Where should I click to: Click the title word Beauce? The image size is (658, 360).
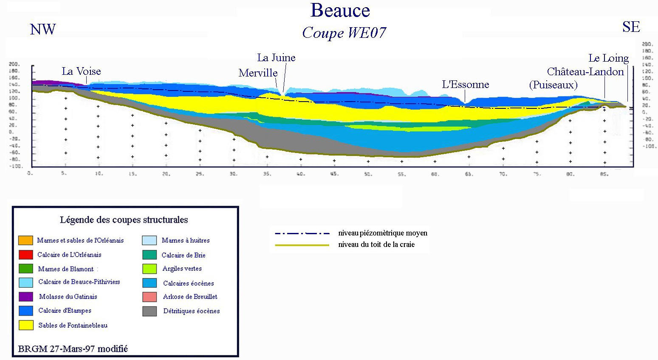pyautogui.click(x=340, y=11)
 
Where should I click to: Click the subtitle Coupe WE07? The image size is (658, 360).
pyautogui.click(x=344, y=33)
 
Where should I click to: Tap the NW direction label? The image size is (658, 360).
pyautogui.click(x=42, y=29)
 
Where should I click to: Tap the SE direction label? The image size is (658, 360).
pyautogui.click(x=631, y=27)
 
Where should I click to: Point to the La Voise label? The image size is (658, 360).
pyautogui.click(x=81, y=71)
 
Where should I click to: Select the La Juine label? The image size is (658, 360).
pyautogui.click(x=276, y=57)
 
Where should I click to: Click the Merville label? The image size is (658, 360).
pyautogui.click(x=258, y=73)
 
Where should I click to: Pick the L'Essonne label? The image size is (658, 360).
pyautogui.click(x=466, y=84)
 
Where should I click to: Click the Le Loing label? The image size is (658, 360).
pyautogui.click(x=608, y=58)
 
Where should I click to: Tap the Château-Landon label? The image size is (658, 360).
pyautogui.click(x=585, y=71)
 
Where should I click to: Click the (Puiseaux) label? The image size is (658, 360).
pyautogui.click(x=553, y=85)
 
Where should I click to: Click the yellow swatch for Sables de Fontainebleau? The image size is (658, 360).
pyautogui.click(x=26, y=325)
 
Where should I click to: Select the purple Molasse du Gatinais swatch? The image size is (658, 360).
pyautogui.click(x=26, y=297)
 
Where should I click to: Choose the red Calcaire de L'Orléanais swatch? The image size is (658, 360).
pyautogui.click(x=26, y=255)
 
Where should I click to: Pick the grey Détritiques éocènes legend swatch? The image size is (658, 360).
pyautogui.click(x=150, y=311)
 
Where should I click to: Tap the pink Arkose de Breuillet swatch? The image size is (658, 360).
pyautogui.click(x=150, y=297)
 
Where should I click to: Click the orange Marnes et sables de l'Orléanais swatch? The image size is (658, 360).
pyautogui.click(x=26, y=240)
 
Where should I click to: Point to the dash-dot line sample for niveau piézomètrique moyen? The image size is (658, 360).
pyautogui.click(x=302, y=233)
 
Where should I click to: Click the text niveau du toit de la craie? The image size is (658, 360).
pyautogui.click(x=376, y=244)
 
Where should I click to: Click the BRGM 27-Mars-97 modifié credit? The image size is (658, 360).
pyautogui.click(x=73, y=349)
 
